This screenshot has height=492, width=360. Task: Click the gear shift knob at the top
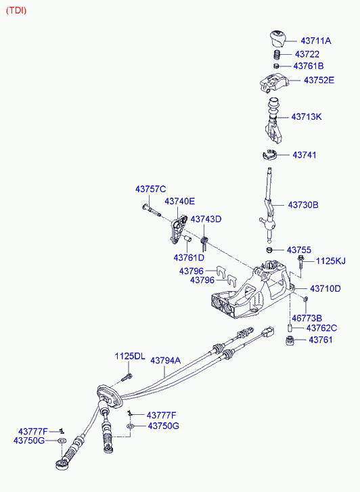(277, 39)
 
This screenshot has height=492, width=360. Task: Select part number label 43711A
(316, 41)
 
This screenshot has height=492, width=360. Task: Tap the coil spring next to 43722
(277, 55)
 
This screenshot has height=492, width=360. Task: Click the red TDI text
(16, 11)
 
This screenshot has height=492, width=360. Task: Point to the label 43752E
(319, 81)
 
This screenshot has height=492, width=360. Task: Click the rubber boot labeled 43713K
(273, 120)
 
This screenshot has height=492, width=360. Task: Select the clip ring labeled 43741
(269, 154)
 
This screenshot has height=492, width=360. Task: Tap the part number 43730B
(303, 205)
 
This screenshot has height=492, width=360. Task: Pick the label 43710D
(325, 289)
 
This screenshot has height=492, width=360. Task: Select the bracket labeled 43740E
(178, 229)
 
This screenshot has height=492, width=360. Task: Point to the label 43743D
(206, 219)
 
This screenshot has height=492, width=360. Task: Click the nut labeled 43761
(290, 341)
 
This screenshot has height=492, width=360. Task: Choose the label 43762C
(321, 328)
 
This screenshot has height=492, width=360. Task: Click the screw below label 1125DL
(127, 377)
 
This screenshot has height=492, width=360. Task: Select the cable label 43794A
(165, 361)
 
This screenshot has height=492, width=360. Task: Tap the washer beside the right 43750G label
(131, 426)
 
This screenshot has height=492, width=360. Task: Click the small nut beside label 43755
(269, 250)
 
